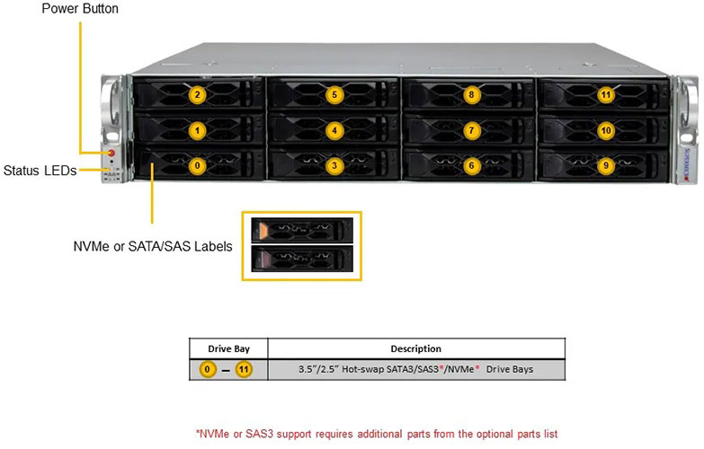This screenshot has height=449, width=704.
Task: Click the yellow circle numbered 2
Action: (199, 94)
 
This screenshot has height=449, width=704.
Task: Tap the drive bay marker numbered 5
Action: (334, 94)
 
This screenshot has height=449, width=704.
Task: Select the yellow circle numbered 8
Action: (470, 94)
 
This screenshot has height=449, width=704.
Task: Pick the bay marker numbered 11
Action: (606, 94)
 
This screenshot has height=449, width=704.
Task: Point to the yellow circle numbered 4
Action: (334, 130)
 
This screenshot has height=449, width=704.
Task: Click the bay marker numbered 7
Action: (470, 130)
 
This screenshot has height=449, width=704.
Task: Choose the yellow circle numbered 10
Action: (606, 130)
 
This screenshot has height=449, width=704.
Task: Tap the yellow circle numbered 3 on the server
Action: (334, 165)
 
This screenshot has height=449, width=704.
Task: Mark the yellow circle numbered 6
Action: (470, 165)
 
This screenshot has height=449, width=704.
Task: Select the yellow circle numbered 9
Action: (606, 165)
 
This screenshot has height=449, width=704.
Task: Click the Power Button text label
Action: (79, 9)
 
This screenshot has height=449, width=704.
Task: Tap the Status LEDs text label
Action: (40, 170)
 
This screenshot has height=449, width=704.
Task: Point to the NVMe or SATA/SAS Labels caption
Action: (152, 246)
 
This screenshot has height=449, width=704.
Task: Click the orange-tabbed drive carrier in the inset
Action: (301, 231)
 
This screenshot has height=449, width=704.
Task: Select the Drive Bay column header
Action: (228, 348)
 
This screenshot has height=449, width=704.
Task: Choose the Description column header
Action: (415, 348)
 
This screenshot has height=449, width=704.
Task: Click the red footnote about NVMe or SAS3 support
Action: (376, 434)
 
